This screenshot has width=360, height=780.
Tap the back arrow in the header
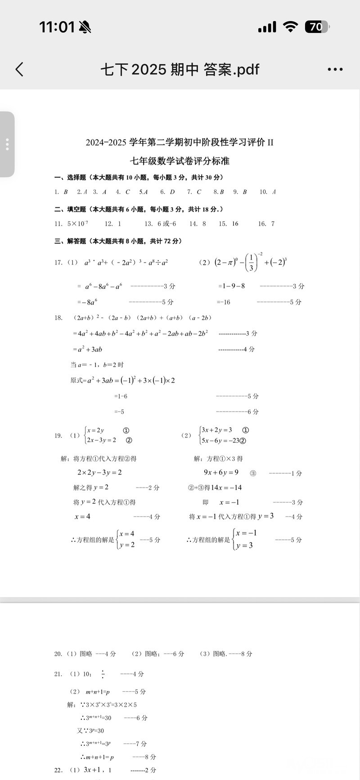click(x=19, y=69)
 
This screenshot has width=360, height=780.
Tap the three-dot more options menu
click(x=335, y=69)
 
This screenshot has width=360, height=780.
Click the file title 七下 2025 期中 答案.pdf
click(x=180, y=69)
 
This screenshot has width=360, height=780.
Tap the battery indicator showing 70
click(x=317, y=27)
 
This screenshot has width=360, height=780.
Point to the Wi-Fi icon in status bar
click(x=291, y=27)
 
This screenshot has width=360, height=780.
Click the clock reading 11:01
click(x=57, y=27)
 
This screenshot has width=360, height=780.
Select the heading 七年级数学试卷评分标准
click(x=180, y=161)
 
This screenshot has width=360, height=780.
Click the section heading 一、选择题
click(x=71, y=178)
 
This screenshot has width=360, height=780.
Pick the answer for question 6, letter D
click(x=172, y=192)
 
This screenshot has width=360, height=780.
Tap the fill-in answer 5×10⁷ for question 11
click(x=77, y=224)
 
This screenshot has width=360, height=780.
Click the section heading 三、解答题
click(x=71, y=241)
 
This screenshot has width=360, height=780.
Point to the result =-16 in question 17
click(x=223, y=302)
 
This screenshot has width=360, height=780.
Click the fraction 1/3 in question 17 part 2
click(x=251, y=262)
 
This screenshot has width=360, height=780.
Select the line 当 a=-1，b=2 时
click(x=97, y=365)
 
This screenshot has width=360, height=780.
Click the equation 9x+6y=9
click(x=221, y=473)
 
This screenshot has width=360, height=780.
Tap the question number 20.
click(x=58, y=654)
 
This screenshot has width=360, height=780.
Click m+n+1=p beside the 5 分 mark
click(x=98, y=692)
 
